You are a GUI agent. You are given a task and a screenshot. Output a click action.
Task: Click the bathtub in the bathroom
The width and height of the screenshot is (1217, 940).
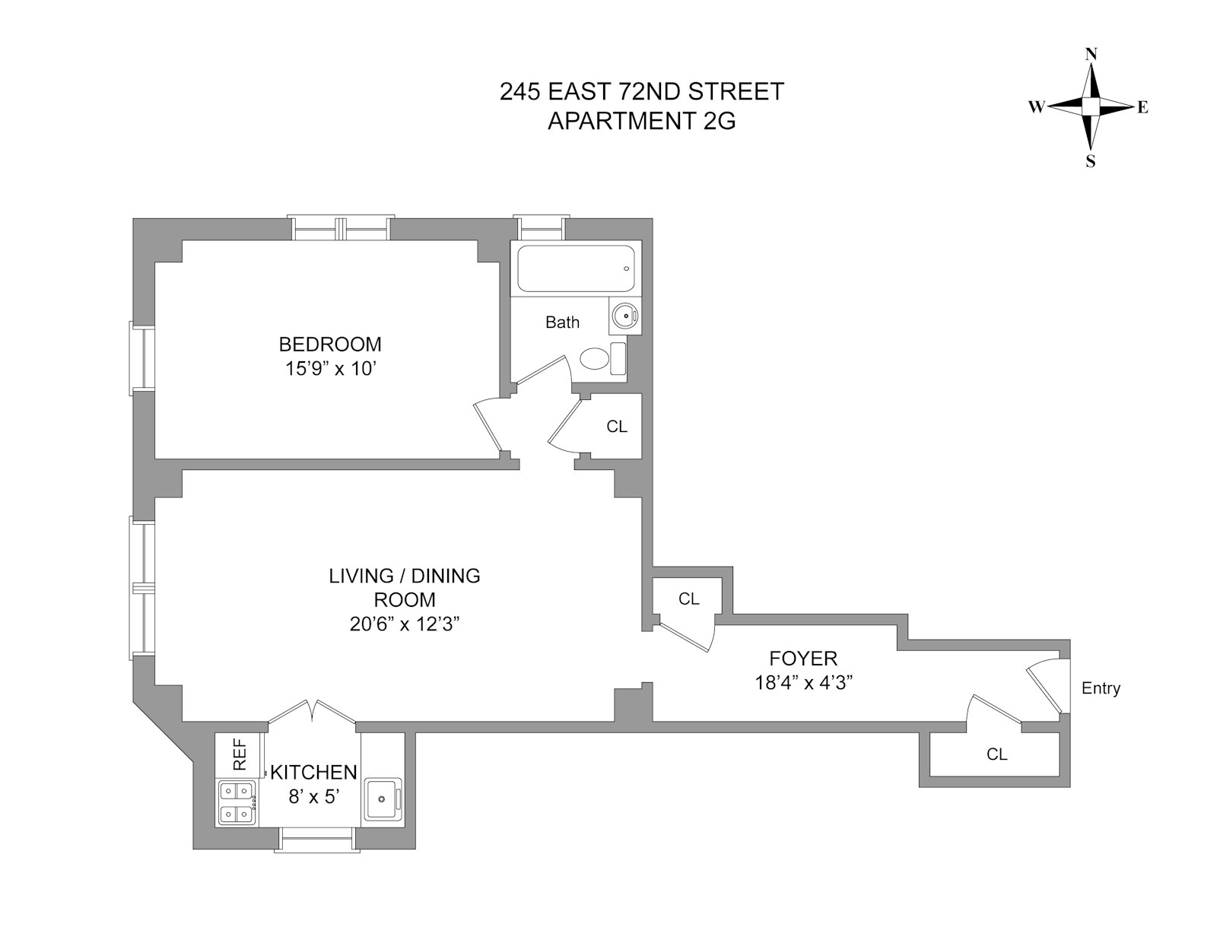point(576,268)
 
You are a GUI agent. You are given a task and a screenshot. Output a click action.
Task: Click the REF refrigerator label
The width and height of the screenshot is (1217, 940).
point(240,754)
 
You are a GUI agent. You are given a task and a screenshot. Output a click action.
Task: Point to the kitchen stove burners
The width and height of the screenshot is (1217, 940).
point(237,803)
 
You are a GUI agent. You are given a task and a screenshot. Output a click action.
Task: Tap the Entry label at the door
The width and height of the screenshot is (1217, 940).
point(1101,689)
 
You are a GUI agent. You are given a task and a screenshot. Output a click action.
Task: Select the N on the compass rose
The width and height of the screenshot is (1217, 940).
point(1091,54)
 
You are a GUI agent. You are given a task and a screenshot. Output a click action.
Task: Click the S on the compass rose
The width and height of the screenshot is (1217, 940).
point(1091,161)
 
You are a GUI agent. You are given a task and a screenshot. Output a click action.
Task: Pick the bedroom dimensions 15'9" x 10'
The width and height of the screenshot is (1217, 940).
point(330,369)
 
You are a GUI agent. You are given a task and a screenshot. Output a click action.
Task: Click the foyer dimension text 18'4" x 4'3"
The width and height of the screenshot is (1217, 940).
point(803,682)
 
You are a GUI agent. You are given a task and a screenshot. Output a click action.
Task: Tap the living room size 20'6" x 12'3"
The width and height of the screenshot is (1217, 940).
point(404,624)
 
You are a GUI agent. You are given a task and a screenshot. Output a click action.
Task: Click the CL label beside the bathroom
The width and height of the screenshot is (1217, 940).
point(617,427)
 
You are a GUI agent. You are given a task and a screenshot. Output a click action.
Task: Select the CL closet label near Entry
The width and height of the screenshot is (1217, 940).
point(996,754)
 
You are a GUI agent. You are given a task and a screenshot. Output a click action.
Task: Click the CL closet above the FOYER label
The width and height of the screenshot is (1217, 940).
point(689,599)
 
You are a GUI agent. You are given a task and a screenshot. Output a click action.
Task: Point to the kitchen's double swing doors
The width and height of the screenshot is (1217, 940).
point(313,711)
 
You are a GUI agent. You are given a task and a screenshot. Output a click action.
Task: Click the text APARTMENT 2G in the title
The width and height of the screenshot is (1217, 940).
point(641,121)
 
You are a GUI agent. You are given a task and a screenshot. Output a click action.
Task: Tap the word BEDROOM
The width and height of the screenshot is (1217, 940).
point(330,344)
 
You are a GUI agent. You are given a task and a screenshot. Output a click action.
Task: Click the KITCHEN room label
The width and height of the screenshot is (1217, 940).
point(314,773)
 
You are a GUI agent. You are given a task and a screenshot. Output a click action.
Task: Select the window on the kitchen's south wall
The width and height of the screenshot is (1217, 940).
point(316,840)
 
